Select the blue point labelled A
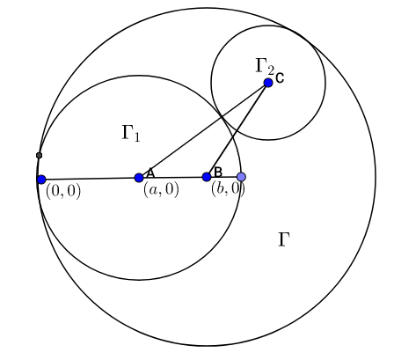coord(139,178)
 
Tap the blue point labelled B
coord(207,177)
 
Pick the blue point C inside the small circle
coord(268,83)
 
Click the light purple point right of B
coord(241,177)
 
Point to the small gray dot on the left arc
coord(39,155)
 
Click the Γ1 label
coord(131,134)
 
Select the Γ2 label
coord(265,66)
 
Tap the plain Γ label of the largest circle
coord(284,239)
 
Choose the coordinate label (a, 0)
coord(161,190)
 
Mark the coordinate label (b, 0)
coord(228,189)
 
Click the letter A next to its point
coord(150,173)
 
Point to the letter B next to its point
coord(218,172)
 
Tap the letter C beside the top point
coord(280,78)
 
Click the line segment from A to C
coord(203,130)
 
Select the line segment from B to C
coord(237,130)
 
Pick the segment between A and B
coord(173,177)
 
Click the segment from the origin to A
coord(91,179)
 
